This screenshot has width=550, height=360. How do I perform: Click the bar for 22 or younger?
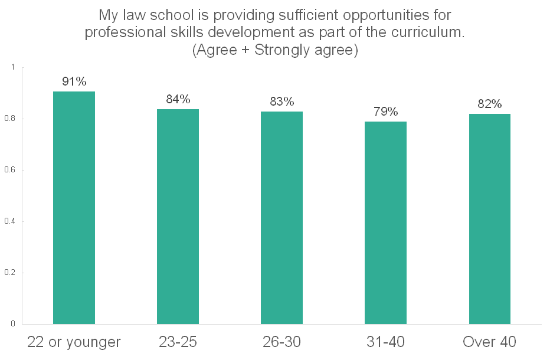pyautogui.click(x=74, y=208)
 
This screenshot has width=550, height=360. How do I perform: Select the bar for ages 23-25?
pyautogui.click(x=178, y=217)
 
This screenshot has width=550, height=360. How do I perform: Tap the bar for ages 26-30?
pyautogui.click(x=281, y=218)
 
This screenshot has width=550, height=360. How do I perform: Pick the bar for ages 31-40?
pyautogui.click(x=385, y=223)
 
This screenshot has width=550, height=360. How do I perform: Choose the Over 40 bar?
pyautogui.click(x=489, y=219)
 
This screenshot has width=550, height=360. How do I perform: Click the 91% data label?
pyautogui.click(x=74, y=81)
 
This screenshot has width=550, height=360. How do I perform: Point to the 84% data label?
pyautogui.click(x=178, y=99)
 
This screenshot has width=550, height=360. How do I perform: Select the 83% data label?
pyautogui.click(x=281, y=102)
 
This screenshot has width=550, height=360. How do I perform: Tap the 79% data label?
pyautogui.click(x=385, y=112)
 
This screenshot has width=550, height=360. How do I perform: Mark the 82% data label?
pyautogui.click(x=489, y=104)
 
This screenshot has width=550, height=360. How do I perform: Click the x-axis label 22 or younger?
pyautogui.click(x=74, y=342)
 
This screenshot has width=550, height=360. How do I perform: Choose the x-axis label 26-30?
pyautogui.click(x=281, y=342)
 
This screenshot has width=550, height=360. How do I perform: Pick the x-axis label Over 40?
pyautogui.click(x=489, y=342)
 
